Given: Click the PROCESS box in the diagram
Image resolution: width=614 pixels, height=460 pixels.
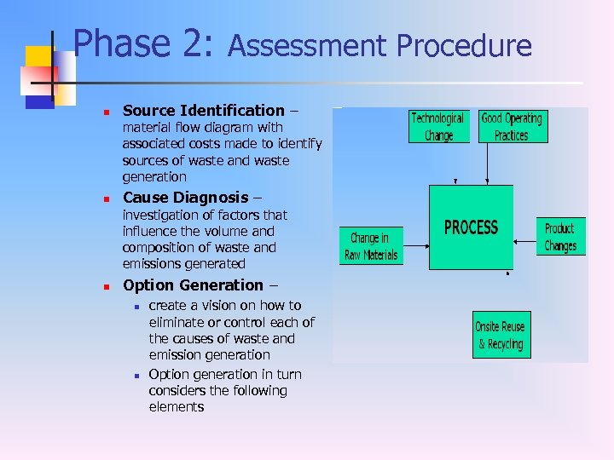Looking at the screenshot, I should (x=471, y=227).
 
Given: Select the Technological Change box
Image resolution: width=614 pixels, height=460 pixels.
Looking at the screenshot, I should (x=438, y=127).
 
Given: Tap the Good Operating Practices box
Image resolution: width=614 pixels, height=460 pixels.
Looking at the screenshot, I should (x=512, y=127).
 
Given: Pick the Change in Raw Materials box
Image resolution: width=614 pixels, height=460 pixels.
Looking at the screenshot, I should (x=371, y=246).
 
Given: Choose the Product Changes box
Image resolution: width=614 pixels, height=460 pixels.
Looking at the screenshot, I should (x=560, y=237).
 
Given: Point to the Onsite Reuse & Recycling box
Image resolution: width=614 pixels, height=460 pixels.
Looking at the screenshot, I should (x=501, y=335).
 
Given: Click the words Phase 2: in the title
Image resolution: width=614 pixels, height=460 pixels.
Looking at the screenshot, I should (x=142, y=44).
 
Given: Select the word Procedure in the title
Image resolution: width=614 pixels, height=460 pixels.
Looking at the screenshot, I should (x=465, y=46).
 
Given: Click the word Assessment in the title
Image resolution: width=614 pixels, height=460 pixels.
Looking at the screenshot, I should (x=308, y=46).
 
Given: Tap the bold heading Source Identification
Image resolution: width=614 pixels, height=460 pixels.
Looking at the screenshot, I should (x=204, y=110).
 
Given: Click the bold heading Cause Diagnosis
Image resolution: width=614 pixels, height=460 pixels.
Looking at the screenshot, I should (x=186, y=198).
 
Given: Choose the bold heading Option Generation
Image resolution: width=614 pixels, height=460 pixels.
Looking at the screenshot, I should (x=194, y=285).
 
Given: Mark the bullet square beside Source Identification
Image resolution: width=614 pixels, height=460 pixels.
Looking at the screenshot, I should (x=103, y=112).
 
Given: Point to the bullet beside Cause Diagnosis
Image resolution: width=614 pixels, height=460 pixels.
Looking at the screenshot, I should (x=103, y=199).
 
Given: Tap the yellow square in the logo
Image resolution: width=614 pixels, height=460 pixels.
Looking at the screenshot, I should (x=39, y=58).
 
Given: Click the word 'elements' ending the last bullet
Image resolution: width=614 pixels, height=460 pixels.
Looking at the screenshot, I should (x=177, y=407).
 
